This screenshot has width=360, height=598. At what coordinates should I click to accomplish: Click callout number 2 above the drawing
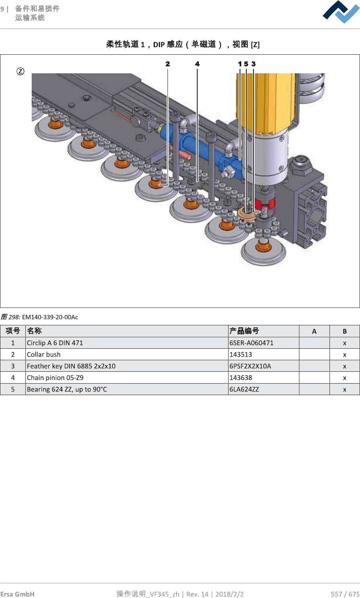click(168, 64)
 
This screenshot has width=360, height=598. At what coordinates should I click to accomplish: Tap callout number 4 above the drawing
click(197, 64)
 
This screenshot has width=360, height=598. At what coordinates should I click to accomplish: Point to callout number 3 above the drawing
click(253, 64)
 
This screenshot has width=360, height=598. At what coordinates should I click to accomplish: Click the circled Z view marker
click(20, 71)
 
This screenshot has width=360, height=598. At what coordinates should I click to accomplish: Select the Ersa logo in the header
click(341, 12)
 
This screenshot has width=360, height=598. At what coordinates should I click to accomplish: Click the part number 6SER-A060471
click(251, 343)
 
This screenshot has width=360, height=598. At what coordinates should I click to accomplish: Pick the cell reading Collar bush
click(44, 354)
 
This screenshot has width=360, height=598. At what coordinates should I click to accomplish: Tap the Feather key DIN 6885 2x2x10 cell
click(71, 366)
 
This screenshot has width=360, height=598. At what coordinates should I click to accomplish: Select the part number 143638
click(241, 378)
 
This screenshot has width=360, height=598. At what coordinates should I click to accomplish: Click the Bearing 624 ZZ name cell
click(67, 389)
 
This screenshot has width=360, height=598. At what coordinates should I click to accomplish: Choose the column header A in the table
click(314, 331)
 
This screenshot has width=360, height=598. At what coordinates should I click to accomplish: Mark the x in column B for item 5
click(345, 389)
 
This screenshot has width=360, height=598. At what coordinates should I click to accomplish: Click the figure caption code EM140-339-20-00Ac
click(50, 317)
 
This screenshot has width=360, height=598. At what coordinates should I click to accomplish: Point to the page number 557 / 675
click(345, 594)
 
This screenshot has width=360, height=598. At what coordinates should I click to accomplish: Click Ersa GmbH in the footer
click(17, 594)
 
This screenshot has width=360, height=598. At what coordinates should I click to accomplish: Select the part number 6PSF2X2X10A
click(250, 366)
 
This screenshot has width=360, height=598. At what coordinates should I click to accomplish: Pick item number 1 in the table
click(13, 343)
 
